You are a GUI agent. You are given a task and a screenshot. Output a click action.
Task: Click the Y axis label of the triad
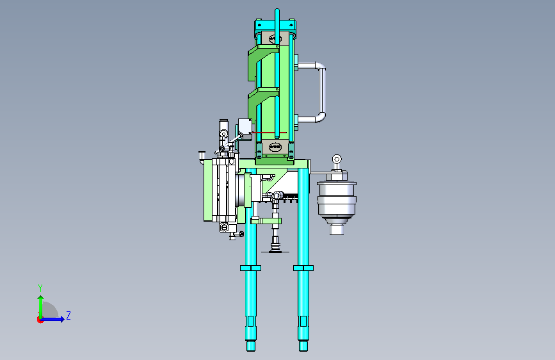click(40, 288)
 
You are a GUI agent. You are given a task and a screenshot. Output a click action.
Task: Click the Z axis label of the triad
click(68, 315)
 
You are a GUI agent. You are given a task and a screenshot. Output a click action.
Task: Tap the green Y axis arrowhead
click(41, 299)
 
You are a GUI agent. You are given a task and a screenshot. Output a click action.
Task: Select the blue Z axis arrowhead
click(62, 319)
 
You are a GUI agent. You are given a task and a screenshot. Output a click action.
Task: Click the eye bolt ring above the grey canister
click(337, 159)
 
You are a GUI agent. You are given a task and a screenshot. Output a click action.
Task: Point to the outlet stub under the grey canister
click(337, 230)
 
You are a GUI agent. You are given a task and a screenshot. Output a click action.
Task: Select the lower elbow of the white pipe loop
click(320, 117)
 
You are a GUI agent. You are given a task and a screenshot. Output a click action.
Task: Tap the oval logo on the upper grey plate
click(275, 38)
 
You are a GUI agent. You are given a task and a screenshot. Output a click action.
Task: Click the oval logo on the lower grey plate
click(275, 146)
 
